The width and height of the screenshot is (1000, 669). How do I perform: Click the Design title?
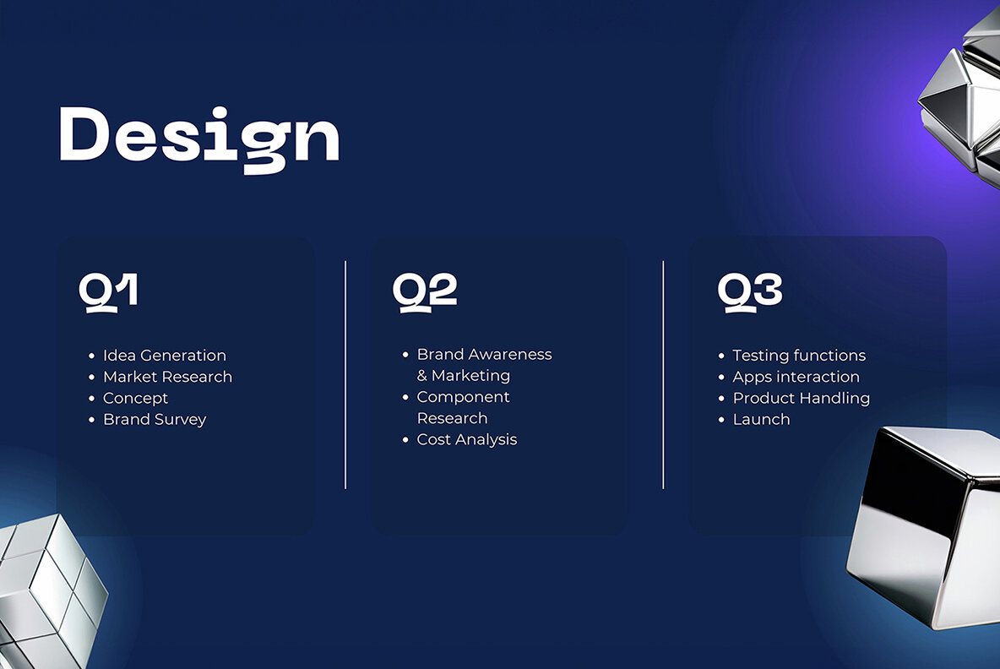point(199,139)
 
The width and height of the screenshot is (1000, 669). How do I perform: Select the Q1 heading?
point(108,293)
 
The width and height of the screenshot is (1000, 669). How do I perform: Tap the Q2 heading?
point(425,293)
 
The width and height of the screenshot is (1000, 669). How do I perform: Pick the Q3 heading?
point(750,293)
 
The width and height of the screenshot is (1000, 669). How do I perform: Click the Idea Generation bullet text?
point(165,356)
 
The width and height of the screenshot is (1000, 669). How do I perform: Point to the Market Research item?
point(168,377)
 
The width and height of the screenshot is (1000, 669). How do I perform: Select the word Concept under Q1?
point(136,398)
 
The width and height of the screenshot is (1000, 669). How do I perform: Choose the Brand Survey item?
point(155,420)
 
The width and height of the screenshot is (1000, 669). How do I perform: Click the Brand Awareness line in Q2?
point(485,354)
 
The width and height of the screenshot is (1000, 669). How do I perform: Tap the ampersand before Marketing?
point(422,376)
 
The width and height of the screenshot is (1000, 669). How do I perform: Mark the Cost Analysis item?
point(467,439)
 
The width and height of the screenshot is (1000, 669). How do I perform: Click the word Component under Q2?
point(464,397)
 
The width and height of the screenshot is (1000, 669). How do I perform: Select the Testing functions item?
point(799,356)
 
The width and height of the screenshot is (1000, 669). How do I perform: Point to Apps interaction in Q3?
point(796,377)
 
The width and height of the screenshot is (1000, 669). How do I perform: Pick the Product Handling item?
point(801,398)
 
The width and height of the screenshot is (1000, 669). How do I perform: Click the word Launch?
point(762,420)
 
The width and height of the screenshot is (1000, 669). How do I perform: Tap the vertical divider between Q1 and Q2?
point(345,375)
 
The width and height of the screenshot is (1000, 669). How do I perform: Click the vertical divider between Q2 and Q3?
point(663,375)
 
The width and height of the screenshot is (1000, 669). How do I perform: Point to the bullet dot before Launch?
point(721,420)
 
